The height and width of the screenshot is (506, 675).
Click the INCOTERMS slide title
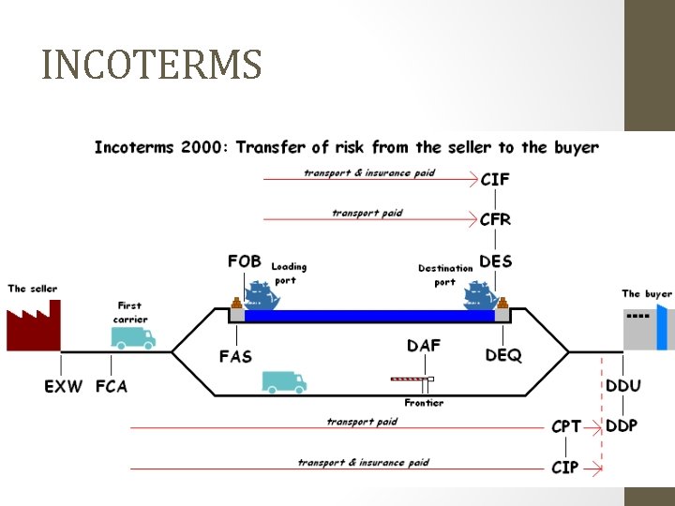pyautogui.click(x=152, y=66)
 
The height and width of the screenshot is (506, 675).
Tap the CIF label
pyautogui.click(x=496, y=179)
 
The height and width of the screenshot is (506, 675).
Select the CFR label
pyautogui.click(x=496, y=219)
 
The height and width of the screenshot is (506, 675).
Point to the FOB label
pyautogui.click(x=245, y=260)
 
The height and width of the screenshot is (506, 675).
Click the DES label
pyautogui.click(x=496, y=260)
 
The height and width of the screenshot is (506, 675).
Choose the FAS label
pyautogui.click(x=236, y=356)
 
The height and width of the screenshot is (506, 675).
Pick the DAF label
pyautogui.click(x=424, y=346)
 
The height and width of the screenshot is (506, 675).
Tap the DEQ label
pyautogui.click(x=502, y=356)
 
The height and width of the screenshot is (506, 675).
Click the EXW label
pyautogui.click(x=64, y=385)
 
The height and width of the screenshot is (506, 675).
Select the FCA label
pyautogui.click(x=112, y=385)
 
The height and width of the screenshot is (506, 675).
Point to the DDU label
pyautogui.click(x=623, y=385)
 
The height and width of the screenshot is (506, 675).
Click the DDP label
pyautogui.click(x=622, y=425)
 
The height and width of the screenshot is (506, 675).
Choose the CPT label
pyautogui.click(x=566, y=426)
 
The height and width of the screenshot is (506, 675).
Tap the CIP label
pyautogui.click(x=565, y=466)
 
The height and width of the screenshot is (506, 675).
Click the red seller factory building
pyautogui.click(x=32, y=326)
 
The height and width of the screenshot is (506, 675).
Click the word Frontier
pyautogui.click(x=424, y=403)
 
